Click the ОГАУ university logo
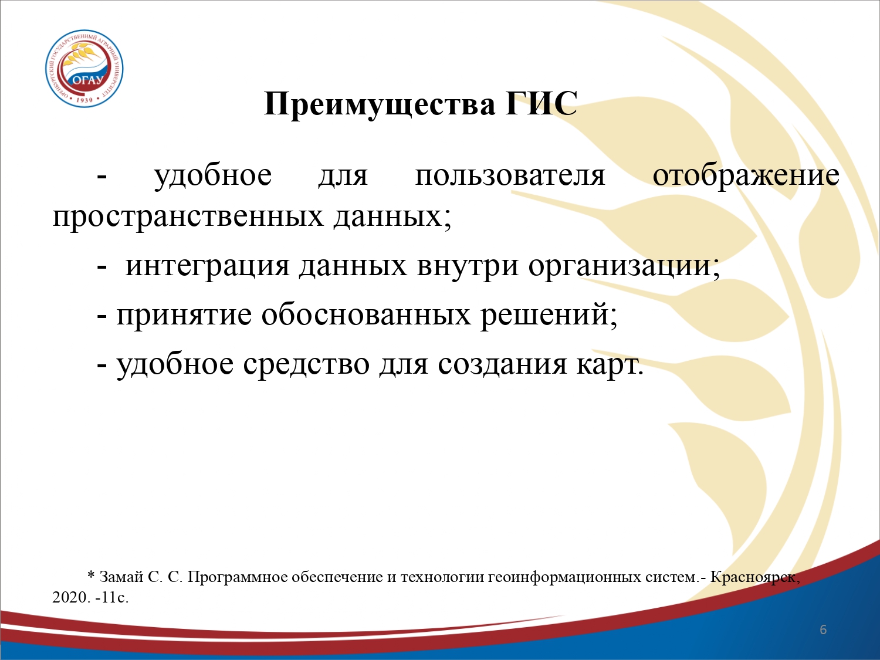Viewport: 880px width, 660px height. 84,69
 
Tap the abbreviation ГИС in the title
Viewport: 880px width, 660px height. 541,104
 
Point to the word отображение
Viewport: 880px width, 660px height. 746,177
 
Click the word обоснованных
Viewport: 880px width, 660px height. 366,314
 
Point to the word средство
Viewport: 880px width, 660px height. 306,364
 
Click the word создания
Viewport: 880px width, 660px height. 502,364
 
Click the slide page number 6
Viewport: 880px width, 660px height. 823,630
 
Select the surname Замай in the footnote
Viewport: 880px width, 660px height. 122,577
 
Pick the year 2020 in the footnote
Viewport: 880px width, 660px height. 70,597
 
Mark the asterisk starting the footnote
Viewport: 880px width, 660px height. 91,576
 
